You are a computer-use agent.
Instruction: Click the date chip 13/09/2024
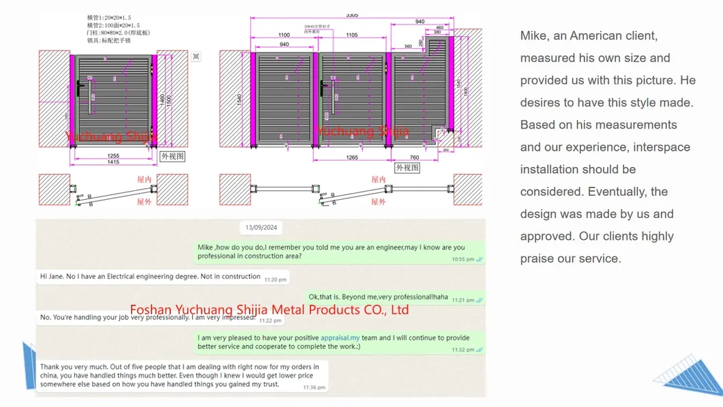tap(261, 228)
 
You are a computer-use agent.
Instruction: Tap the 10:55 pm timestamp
tap(462, 260)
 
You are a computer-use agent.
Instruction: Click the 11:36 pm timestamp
tap(314, 387)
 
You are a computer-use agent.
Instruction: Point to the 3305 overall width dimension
tap(352, 15)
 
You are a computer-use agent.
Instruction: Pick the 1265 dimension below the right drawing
tap(351, 157)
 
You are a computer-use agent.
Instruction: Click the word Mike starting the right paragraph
tap(536, 36)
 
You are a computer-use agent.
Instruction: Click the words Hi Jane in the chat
tap(53, 277)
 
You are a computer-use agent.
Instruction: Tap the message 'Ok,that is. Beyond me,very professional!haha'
tap(379, 297)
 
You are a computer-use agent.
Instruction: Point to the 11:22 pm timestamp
tap(270, 320)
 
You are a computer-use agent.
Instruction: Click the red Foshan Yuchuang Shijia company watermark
tap(269, 310)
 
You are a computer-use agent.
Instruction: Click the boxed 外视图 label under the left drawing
tap(173, 156)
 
